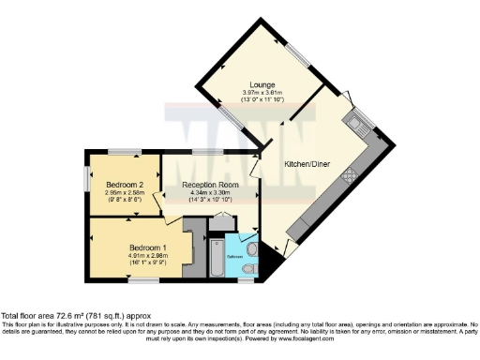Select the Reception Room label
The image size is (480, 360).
[x=209, y=186]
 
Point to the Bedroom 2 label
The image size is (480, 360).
[x=123, y=185]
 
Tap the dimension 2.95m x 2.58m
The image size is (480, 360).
[x=123, y=192]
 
